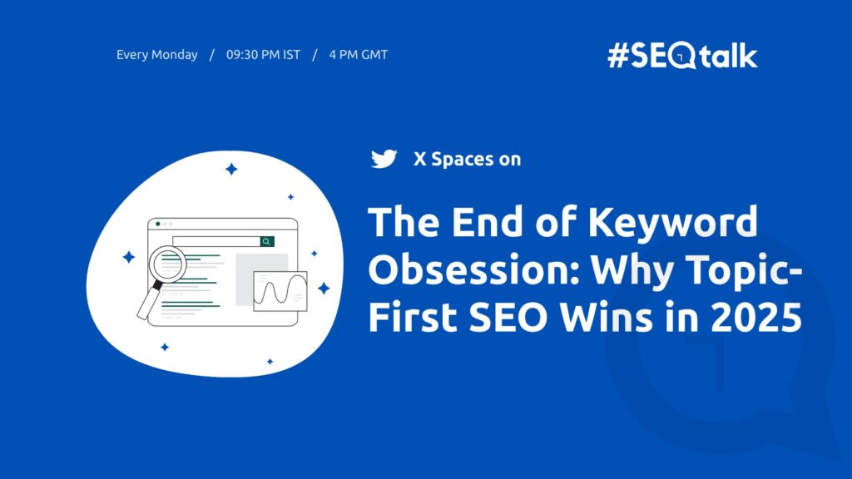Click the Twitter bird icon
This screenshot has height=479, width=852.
(x=384, y=159)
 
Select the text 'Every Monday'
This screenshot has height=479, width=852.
(x=157, y=55)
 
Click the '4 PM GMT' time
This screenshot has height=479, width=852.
(x=358, y=55)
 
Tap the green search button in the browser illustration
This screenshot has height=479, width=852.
(x=266, y=241)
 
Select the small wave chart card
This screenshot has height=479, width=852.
(x=280, y=291)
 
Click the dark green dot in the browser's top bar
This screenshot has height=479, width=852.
(x=158, y=224)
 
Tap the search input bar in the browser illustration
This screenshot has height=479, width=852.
(x=216, y=241)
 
